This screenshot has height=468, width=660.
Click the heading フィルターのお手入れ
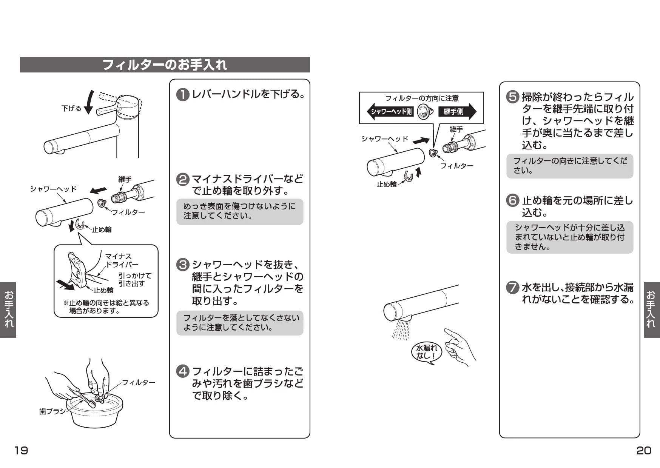coord(165,65)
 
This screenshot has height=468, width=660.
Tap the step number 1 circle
coord(183,94)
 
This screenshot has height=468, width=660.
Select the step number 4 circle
coord(183,371)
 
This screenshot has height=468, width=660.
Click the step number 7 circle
coord(512,288)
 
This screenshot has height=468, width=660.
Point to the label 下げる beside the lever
coord(71,109)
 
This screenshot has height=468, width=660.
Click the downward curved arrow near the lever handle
coord(89,102)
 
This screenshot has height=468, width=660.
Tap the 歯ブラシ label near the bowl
coord(52,411)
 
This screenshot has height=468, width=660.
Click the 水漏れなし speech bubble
coord(426,352)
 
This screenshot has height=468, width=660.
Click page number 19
coord(21,450)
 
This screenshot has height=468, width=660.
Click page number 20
coord(643,450)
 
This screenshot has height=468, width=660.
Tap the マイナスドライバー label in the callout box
coord(121,260)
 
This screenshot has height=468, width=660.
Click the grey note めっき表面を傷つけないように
coord(240,211)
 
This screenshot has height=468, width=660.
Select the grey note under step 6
coord(569,237)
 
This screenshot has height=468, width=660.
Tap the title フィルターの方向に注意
coord(421,99)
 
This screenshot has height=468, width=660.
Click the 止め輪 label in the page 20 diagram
coord(386,184)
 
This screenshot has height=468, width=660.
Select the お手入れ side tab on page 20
coord(652,309)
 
